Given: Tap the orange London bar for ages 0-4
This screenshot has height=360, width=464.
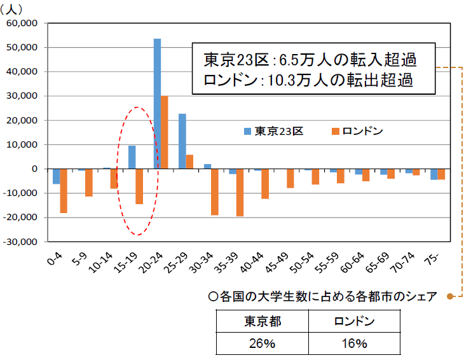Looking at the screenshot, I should click(64, 191).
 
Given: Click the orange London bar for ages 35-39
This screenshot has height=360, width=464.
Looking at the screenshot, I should click(240, 193).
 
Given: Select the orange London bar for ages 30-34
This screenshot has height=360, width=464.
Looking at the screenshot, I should click(215, 192).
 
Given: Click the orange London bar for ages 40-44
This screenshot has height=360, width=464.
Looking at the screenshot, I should click(265, 184).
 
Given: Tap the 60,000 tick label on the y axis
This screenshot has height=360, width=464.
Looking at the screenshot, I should click(22, 24).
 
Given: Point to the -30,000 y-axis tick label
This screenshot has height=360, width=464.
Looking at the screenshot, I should click(20, 242).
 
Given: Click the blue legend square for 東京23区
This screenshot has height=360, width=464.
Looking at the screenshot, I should click(248, 132).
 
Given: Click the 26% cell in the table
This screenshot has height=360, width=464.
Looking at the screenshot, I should click(262, 344).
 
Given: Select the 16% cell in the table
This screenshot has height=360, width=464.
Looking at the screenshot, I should click(354, 344).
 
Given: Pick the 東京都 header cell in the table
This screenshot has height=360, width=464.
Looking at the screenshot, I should click(262, 321).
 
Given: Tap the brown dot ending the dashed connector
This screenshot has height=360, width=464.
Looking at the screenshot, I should click(450, 296).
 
